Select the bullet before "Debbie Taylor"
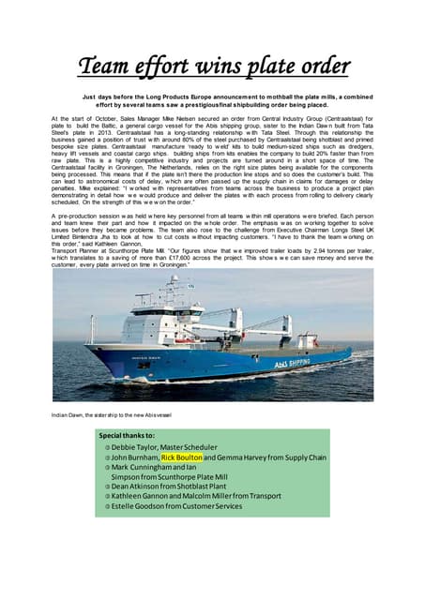108,446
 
